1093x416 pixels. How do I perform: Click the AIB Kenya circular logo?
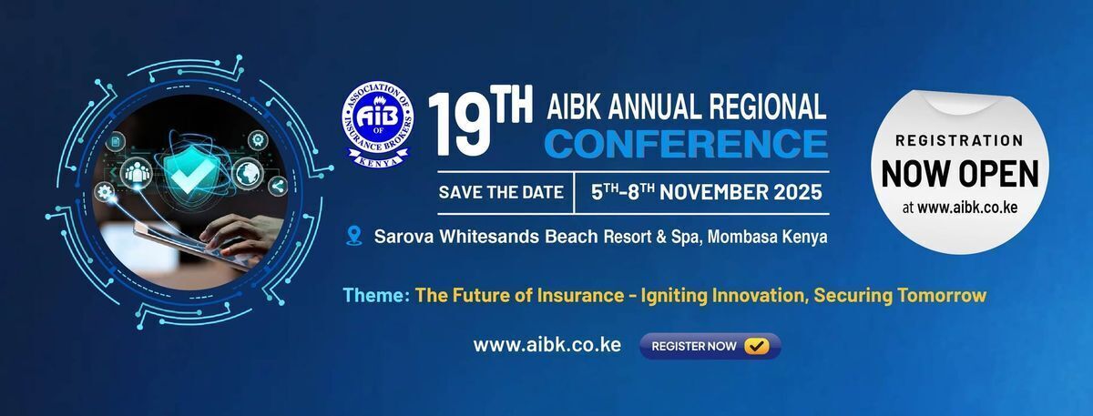tap(378, 125)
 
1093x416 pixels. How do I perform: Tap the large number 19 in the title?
tap(460, 125)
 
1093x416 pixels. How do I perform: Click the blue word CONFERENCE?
tap(686, 144)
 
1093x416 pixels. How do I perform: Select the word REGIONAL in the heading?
tap(768, 106)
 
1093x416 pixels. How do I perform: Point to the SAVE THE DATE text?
tap(501, 192)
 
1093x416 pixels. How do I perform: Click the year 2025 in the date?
tap(797, 192)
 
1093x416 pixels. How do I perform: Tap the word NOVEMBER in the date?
tap(713, 192)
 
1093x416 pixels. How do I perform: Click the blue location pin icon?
tap(353, 236)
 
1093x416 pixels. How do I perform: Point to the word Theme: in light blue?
tap(376, 295)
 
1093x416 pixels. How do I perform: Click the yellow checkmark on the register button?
tap(757, 346)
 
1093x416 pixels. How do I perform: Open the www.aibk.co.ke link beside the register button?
tap(547, 345)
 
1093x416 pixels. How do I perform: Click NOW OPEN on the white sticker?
tap(960, 174)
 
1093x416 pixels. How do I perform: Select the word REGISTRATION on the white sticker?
tap(959, 140)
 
